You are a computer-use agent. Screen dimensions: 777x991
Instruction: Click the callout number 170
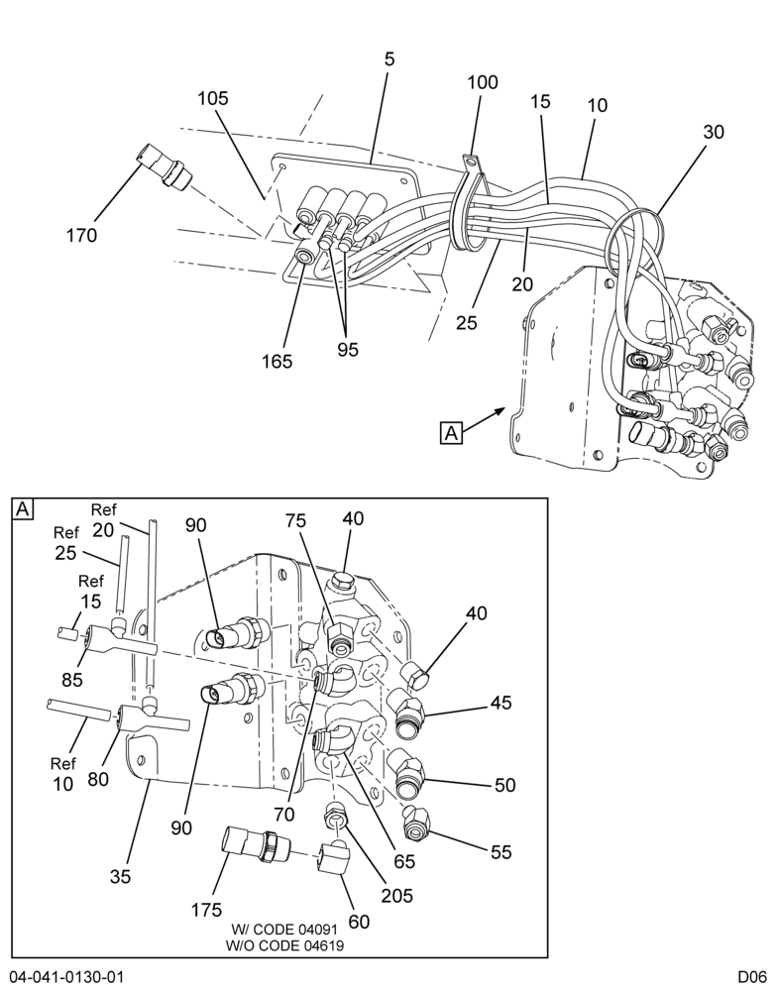click(x=81, y=236)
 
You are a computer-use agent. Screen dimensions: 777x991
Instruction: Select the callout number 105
click(x=213, y=98)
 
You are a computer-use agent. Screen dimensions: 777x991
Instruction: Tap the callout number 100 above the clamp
click(x=483, y=82)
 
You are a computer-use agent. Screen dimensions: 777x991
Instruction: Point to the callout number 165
click(x=277, y=362)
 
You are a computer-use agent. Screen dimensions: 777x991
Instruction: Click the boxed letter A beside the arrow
click(x=451, y=434)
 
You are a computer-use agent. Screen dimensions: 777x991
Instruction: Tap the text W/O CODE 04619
click(x=284, y=945)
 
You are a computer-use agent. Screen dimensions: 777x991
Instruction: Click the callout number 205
click(x=396, y=896)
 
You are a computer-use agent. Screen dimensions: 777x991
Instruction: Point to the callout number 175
click(x=207, y=910)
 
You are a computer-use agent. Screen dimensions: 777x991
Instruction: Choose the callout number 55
click(x=501, y=852)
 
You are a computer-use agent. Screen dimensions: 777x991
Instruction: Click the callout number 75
click(x=295, y=521)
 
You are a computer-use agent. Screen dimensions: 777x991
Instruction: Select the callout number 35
click(x=120, y=876)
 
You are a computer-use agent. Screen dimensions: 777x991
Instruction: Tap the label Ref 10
click(x=62, y=774)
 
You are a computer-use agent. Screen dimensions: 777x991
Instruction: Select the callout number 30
click(x=714, y=132)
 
